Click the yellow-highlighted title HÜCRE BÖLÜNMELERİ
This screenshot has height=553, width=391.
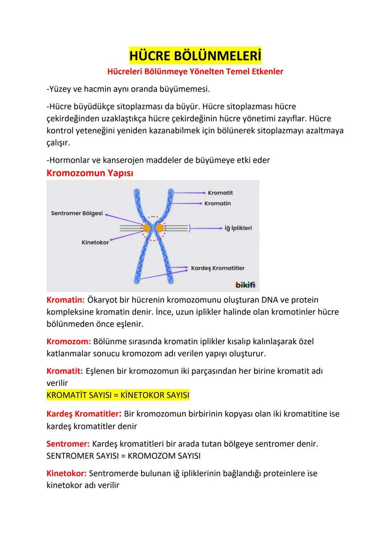[195, 56]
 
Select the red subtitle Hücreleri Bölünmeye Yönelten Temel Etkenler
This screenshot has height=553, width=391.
[195, 71]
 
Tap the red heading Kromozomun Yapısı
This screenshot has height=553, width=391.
[90, 173]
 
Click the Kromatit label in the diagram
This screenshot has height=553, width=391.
[220, 193]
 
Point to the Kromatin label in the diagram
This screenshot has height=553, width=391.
[217, 204]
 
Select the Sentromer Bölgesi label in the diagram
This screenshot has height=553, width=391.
[77, 213]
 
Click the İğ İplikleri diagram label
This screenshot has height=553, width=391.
[238, 228]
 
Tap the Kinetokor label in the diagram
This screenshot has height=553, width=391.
[95, 242]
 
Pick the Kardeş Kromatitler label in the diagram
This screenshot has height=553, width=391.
[218, 268]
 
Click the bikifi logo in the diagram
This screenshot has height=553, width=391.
[245, 285]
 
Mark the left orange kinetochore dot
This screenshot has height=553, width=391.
[147, 228]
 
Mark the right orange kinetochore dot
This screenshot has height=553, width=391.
[160, 228]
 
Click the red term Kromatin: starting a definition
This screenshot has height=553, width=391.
[66, 300]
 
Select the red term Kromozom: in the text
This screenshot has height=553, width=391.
[68, 342]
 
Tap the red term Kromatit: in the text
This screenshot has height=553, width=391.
[64, 371]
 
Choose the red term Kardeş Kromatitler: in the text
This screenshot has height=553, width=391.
[84, 414]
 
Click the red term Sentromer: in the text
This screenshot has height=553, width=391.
[68, 444]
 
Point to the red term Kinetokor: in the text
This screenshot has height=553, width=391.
[67, 473]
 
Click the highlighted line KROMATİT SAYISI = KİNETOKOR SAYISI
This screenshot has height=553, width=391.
[118, 395]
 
